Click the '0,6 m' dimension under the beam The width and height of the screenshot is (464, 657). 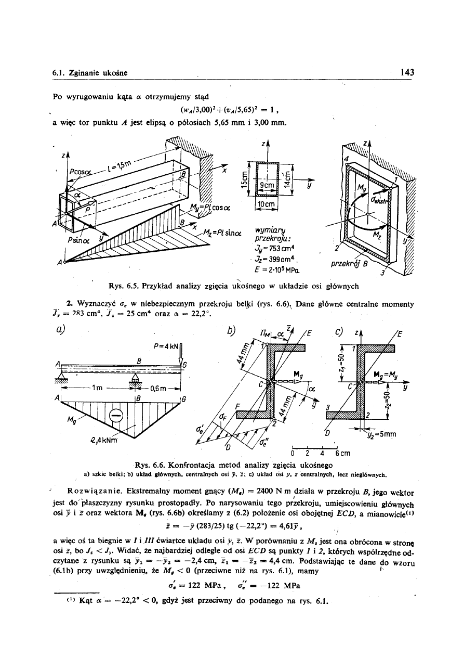pos(163,387)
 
